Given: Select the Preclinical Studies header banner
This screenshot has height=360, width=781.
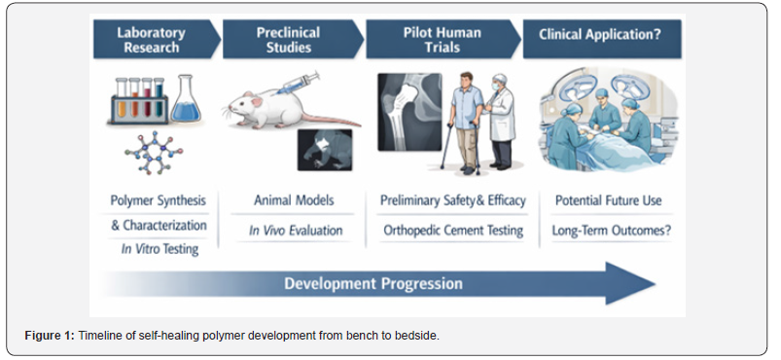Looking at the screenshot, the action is (293, 40).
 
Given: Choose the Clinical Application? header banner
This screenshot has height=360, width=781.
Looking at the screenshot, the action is (602, 40).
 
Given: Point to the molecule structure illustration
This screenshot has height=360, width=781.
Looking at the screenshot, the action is (154, 153).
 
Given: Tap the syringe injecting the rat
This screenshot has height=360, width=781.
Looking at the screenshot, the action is (297, 84).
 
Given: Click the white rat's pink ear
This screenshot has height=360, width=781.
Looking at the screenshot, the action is (256, 102).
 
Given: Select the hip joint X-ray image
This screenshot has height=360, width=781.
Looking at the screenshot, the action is (409, 112).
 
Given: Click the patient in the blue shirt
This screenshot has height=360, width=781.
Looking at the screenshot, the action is (465, 123).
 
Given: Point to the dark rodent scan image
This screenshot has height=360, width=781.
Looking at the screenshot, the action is (325, 150).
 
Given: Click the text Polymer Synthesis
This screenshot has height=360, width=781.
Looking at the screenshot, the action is (158, 201).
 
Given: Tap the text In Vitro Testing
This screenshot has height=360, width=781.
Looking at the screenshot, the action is (160, 249).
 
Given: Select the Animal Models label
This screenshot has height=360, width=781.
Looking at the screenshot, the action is (294, 200).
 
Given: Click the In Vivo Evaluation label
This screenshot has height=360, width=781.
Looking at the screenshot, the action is (296, 231).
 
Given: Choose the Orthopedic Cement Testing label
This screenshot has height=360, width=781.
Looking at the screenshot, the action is (453, 231).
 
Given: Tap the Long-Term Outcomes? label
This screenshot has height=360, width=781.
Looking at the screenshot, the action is (611, 231).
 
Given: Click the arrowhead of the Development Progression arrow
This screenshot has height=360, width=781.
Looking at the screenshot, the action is (629, 283).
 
